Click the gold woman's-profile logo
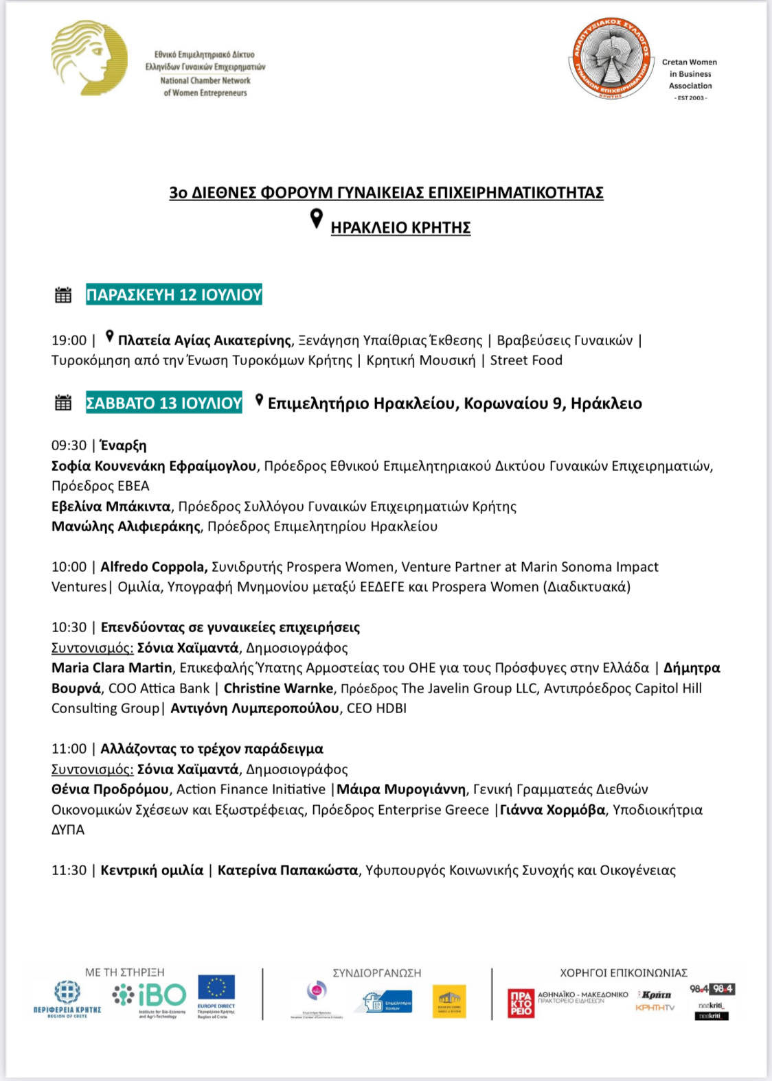click(89, 58)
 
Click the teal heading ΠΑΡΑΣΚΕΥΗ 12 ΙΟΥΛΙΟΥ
click(174, 295)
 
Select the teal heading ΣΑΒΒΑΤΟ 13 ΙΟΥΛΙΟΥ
click(163, 403)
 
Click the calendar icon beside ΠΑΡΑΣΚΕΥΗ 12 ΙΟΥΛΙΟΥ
click(63, 295)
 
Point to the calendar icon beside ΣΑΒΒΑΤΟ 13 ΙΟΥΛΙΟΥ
click(63, 403)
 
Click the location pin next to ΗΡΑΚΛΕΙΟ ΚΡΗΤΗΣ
click(316, 219)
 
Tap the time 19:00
click(69, 340)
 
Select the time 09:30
click(69, 445)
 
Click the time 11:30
click(69, 870)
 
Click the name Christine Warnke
click(279, 688)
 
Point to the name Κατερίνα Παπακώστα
click(288, 870)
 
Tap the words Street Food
click(526, 360)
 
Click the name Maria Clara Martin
click(112, 668)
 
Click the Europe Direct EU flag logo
click(216, 993)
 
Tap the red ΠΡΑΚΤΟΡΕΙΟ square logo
click(521, 1003)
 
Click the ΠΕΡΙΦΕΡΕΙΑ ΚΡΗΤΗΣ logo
click(67, 998)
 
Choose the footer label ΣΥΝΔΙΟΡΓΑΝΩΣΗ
click(377, 973)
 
